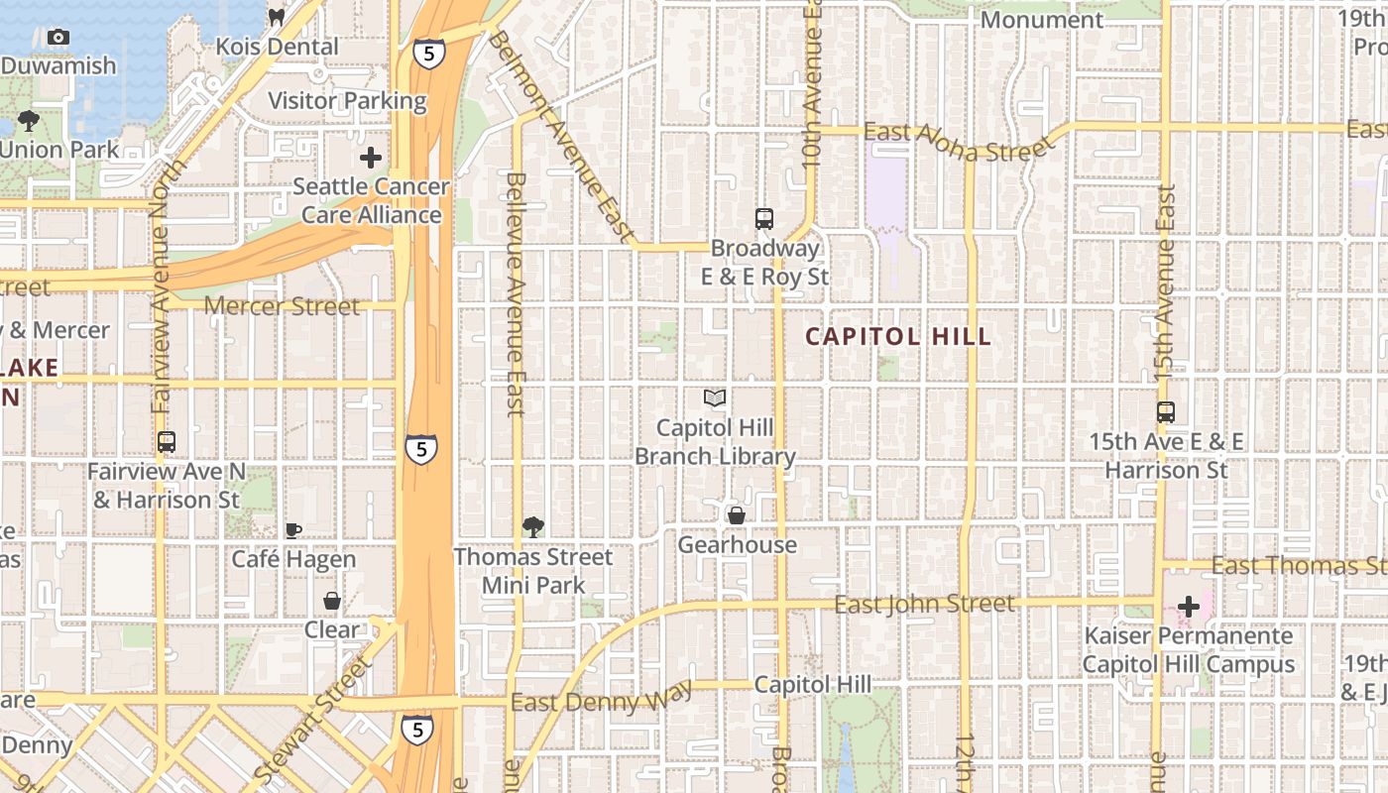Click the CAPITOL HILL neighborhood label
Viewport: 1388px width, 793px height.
coord(897,336)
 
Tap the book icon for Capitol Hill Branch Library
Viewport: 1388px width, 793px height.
coord(715,398)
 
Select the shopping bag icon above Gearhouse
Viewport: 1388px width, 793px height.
coord(737,515)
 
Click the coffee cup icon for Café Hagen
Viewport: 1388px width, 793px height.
coord(293,530)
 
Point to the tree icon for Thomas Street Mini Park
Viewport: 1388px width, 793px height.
coord(533,526)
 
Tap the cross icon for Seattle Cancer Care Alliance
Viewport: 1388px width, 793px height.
coord(371,158)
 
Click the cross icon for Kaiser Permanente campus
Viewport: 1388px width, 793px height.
coord(1189,607)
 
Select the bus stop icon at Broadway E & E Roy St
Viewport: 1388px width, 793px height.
coord(763,219)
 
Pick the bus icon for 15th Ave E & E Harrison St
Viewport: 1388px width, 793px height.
coord(1166,412)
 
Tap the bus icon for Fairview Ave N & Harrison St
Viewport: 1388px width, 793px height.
coord(167,442)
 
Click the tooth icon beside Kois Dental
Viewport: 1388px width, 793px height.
coord(278,17)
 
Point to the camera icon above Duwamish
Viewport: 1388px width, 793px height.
coord(58,37)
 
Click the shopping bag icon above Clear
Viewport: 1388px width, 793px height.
coord(332,601)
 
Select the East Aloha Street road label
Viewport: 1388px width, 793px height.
coord(957,143)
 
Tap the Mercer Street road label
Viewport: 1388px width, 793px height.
coord(282,306)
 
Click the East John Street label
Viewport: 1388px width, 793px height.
coord(924,604)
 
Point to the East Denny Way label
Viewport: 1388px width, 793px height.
coord(602,698)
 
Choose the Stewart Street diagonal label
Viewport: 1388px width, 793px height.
coord(311,718)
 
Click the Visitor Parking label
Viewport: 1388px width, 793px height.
coord(347,101)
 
